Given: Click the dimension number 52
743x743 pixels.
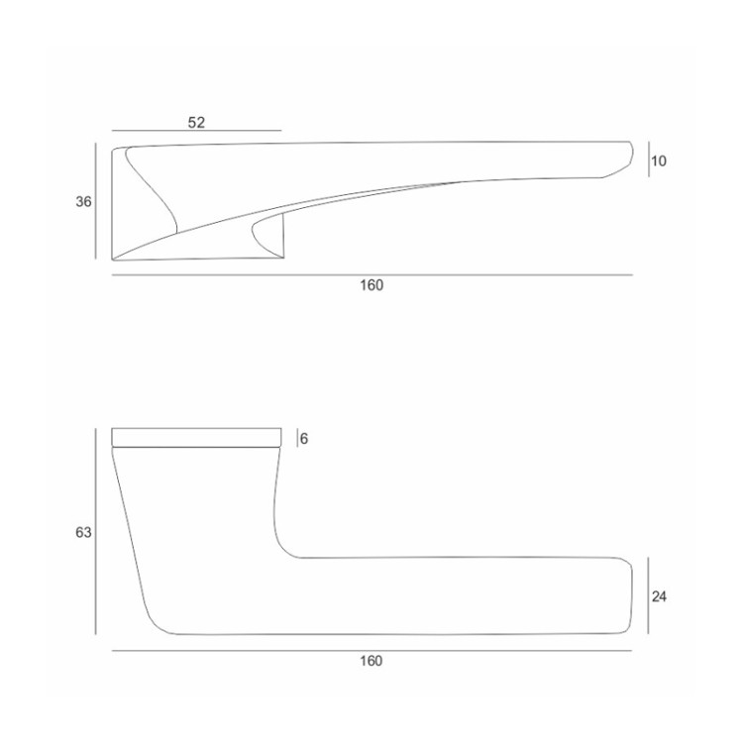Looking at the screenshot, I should coord(196,122).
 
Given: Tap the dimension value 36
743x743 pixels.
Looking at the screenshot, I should coord(84,202).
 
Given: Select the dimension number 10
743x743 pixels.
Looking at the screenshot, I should coord(660,160).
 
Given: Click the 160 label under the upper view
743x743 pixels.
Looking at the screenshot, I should coord(371,285).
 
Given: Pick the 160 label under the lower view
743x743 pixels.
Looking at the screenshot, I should coord(371,662).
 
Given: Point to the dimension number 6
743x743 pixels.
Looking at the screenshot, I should coord(304,438).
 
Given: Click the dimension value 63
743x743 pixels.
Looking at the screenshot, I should coord(84,532).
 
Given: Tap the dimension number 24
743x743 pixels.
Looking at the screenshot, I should coord(660,596).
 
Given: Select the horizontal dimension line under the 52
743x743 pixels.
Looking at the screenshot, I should coord(196,131).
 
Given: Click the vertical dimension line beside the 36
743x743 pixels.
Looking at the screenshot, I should coord(96,202).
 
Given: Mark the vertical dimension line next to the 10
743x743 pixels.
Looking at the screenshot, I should coord(649,160).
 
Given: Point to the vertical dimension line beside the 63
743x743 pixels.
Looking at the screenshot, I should coord(96,532).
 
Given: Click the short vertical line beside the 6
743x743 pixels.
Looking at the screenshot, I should coord(296,438).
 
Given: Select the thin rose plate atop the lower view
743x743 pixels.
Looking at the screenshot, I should coord(196,437).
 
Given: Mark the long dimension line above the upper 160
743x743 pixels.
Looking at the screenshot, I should coord(371,274).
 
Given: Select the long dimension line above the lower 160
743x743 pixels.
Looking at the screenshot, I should coord(371,651).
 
